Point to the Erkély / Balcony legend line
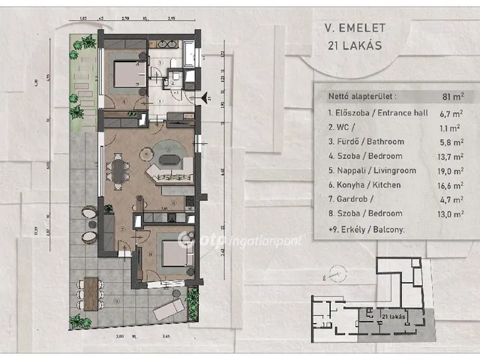coord(367,228)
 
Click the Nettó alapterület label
coord(360,96)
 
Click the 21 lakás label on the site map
coord(394,317)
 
